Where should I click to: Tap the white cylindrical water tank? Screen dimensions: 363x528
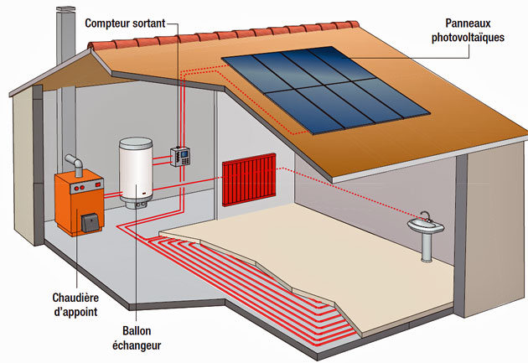(138, 173)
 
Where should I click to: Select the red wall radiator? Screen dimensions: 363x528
(249, 179)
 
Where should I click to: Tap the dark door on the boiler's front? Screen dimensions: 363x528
(90, 223)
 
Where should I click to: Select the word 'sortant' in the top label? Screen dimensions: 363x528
(155, 21)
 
